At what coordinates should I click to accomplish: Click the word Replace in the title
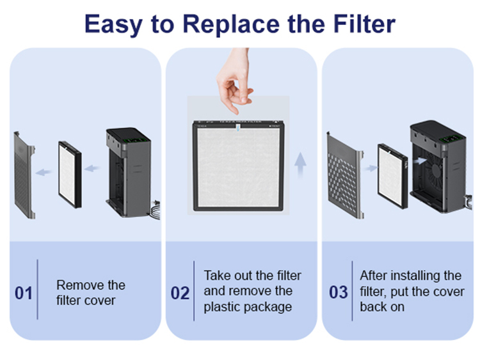pyautogui.click(x=231, y=24)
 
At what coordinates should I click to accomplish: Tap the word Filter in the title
pyautogui.click(x=364, y=24)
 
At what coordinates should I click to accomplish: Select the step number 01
pyautogui.click(x=24, y=293)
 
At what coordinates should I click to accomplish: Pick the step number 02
pyautogui.click(x=180, y=293)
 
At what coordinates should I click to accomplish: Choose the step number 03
pyautogui.click(x=339, y=292)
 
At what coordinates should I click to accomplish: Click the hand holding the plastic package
pyautogui.click(x=234, y=80)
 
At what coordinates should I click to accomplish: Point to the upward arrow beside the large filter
pyautogui.click(x=300, y=165)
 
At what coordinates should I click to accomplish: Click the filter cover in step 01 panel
pyautogui.click(x=24, y=175)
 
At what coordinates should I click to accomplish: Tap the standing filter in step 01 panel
pyautogui.click(x=70, y=175)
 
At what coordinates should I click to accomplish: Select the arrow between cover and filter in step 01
pyautogui.click(x=44, y=172)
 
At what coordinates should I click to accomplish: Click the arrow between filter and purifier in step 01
pyautogui.click(x=92, y=168)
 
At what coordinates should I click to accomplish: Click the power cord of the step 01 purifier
pyautogui.click(x=156, y=210)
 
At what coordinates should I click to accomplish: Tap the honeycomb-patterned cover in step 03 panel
pyautogui.click(x=345, y=176)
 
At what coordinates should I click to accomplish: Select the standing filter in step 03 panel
pyautogui.click(x=392, y=176)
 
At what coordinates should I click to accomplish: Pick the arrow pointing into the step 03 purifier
pyautogui.click(x=420, y=160)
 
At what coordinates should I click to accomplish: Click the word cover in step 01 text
pyautogui.click(x=99, y=301)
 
